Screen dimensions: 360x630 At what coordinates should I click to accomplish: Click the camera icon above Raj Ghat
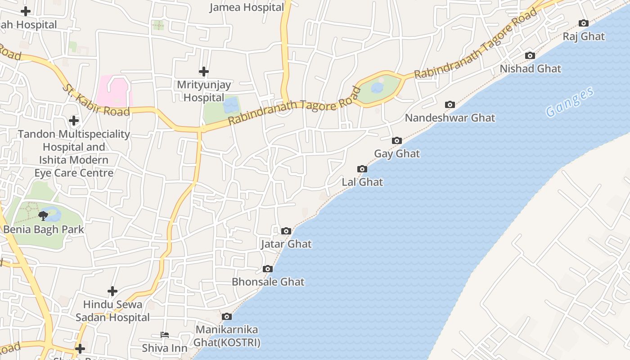(583, 23)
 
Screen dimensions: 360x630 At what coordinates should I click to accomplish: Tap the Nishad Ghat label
(531, 69)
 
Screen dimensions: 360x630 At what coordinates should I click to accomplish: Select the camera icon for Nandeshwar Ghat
(450, 104)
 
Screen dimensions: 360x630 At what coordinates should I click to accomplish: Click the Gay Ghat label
(397, 153)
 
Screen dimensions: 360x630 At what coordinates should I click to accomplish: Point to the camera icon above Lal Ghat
(362, 169)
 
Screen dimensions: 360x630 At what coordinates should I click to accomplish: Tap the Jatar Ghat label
(286, 244)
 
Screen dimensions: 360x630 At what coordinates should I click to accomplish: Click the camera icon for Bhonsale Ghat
(268, 269)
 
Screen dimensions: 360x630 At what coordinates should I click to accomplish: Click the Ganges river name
(570, 103)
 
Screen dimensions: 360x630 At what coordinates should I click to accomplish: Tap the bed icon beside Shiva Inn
(165, 335)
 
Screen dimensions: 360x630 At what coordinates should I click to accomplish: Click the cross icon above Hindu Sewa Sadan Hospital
(112, 291)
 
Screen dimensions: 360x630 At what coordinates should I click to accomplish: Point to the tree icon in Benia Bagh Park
(43, 216)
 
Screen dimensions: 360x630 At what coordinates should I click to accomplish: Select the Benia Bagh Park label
(44, 229)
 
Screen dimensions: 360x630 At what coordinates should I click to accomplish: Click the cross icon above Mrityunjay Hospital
(204, 71)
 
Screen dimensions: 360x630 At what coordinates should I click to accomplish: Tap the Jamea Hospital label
(247, 7)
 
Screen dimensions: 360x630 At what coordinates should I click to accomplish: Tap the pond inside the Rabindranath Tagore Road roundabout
(377, 88)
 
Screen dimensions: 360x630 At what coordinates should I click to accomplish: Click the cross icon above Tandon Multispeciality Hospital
(74, 120)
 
